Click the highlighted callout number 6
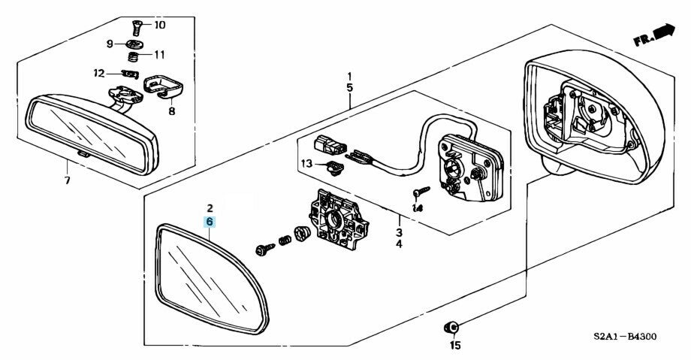coord(210,222)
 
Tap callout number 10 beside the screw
coord(159,26)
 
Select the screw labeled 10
coord(136,29)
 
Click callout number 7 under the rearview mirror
coord(65,180)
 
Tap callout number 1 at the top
coord(349,77)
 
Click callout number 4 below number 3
coord(399,245)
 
